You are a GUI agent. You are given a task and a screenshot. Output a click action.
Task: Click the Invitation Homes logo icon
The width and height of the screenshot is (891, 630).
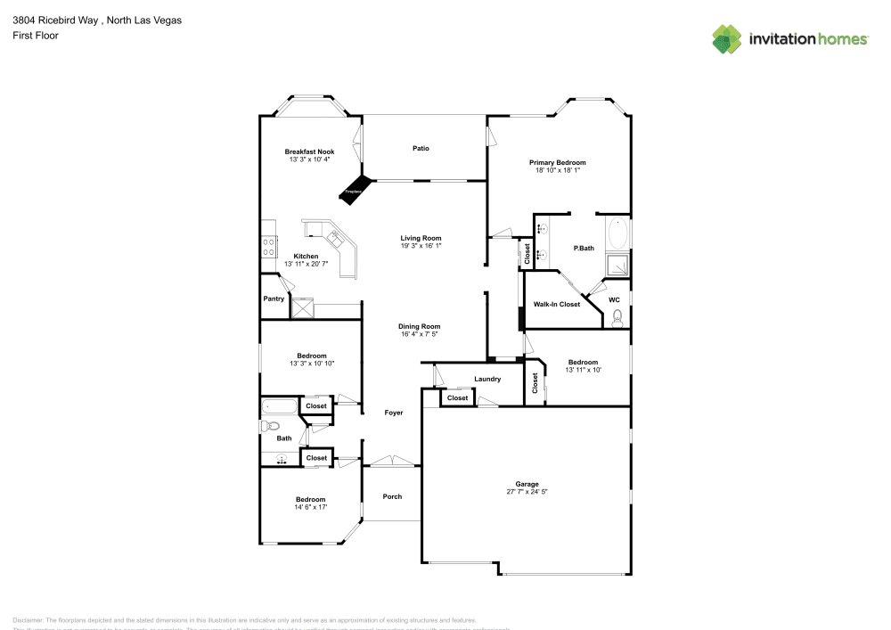click(727, 38)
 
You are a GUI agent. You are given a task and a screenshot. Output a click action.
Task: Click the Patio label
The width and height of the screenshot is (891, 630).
click(421, 148)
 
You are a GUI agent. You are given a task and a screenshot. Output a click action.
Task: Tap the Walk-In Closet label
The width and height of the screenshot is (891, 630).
click(556, 305)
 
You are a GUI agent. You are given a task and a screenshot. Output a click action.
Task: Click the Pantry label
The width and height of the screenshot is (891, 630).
click(274, 299)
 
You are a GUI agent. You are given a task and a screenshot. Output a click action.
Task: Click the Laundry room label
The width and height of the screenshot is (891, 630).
click(487, 379)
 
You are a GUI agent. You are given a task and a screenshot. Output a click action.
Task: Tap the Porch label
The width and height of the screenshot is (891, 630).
click(392, 496)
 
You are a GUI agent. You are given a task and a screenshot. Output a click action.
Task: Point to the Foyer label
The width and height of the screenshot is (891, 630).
click(393, 413)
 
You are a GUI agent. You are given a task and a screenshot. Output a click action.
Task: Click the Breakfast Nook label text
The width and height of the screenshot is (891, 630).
click(309, 151)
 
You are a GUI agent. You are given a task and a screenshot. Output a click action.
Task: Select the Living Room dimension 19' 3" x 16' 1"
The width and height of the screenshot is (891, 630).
click(421, 246)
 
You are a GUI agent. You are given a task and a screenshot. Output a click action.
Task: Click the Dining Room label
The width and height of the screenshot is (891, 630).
click(419, 326)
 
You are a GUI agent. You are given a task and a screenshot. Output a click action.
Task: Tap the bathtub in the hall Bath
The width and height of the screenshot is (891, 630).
click(279, 408)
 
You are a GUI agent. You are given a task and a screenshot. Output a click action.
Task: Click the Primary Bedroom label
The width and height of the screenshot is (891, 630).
click(558, 162)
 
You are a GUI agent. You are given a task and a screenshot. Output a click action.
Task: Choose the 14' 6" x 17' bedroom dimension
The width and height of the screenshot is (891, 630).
click(311, 507)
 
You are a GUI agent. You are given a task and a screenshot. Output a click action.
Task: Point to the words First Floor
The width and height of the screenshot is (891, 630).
click(29, 36)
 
